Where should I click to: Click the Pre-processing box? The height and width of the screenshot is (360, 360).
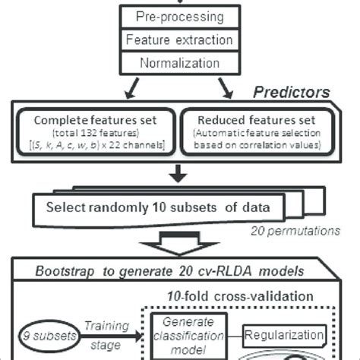tap(179, 16)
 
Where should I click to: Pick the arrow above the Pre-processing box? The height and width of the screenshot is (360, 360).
tap(179, 3)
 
